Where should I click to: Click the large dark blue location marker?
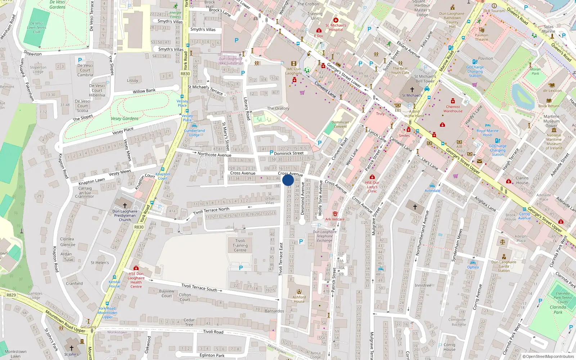288,180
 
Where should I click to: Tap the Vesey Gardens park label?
125,118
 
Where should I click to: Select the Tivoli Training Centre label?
240,246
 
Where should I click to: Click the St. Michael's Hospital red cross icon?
336,20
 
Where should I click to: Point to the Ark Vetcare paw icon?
335,214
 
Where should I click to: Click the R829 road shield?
11,295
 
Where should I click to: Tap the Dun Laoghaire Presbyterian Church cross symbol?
125,206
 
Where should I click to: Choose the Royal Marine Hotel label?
487,133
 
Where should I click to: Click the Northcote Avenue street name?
214,154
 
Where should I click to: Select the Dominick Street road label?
289,153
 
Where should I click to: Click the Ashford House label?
299,299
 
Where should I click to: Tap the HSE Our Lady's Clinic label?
372,187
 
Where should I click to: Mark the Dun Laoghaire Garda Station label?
504,266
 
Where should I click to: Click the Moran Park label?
535,71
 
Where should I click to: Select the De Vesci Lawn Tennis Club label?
37,27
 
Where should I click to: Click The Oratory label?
278,108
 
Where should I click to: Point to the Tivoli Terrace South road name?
199,287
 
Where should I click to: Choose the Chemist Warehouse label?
453,109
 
